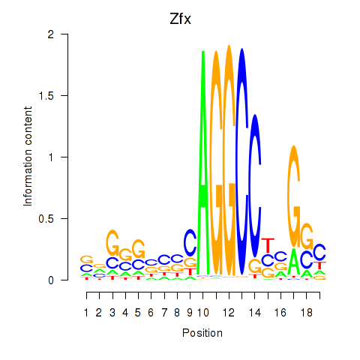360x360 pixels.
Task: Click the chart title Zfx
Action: click(180, 19)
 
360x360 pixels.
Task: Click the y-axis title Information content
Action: click(28, 157)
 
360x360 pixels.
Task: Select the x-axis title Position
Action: click(202, 333)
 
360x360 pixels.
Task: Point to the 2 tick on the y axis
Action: click(64, 34)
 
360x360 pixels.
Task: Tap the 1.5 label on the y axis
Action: click(46, 96)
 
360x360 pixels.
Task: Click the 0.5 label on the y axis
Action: click(46, 219)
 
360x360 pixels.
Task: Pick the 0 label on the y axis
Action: click(51, 280)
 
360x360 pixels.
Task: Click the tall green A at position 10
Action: click(203, 163)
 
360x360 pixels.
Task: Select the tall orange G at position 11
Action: click(216, 163)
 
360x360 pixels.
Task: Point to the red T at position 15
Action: click(268, 246)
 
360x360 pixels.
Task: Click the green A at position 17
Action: click(294, 262)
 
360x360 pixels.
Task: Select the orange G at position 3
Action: click(112, 242)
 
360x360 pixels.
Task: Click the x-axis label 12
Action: click(229, 313)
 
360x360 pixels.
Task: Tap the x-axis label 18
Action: click(307, 313)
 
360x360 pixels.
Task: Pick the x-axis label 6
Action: click(151, 313)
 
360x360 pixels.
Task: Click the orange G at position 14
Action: click(255, 265)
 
